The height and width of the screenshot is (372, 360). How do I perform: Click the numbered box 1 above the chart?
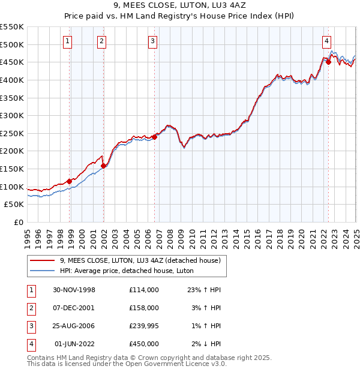click(67, 41)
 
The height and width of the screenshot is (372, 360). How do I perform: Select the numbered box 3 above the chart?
click(153, 41)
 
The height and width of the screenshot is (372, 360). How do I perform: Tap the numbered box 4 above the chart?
click(326, 41)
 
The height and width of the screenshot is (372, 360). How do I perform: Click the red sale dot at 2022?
click(328, 62)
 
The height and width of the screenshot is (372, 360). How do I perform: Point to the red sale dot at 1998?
click(70, 181)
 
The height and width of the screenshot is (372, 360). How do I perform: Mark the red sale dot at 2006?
click(154, 137)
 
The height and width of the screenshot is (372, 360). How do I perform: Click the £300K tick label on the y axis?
click(12, 115)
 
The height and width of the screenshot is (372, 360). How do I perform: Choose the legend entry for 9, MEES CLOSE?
click(140, 260)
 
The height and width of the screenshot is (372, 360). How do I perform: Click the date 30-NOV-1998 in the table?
click(74, 290)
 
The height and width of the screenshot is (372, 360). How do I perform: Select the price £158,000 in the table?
click(143, 308)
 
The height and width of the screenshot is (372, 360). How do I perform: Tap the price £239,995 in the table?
click(143, 326)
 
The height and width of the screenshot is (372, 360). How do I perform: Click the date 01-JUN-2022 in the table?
click(74, 344)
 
